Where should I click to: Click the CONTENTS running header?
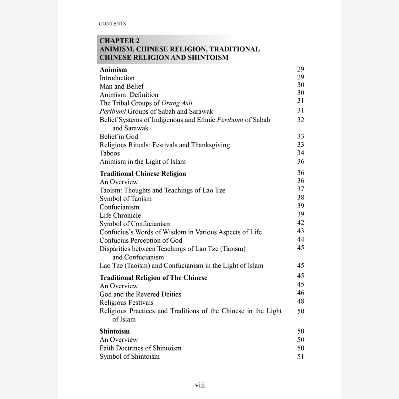click(x=112, y=24)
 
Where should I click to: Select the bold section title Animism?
click(x=113, y=69)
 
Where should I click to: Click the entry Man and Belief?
click(x=122, y=86)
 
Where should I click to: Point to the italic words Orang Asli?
click(x=179, y=103)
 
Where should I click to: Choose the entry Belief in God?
click(x=119, y=136)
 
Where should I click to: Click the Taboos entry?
click(x=110, y=153)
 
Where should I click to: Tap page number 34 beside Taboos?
click(x=300, y=153)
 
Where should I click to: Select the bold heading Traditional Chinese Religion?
click(x=143, y=174)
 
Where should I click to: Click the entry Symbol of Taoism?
click(x=125, y=198)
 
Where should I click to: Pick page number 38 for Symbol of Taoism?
click(x=300, y=198)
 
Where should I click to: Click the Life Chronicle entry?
click(x=120, y=215)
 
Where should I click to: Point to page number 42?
click(x=300, y=222)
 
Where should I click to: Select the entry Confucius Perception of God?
click(x=141, y=241)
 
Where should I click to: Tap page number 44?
click(x=300, y=239)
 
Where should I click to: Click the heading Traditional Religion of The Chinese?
click(x=153, y=277)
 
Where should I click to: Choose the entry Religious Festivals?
click(x=126, y=303)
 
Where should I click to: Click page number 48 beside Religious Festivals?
click(x=300, y=301)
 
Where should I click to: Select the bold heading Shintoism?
click(x=115, y=331)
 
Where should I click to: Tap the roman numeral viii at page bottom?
click(x=200, y=385)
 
